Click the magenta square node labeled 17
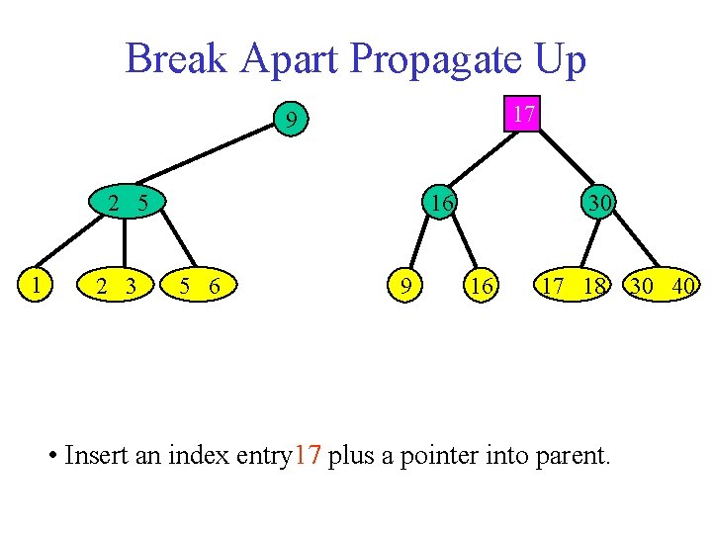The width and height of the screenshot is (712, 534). click(x=525, y=115)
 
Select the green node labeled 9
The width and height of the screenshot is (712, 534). click(x=290, y=123)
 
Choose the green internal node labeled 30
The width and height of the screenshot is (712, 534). click(x=596, y=204)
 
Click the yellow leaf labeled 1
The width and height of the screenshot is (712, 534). click(x=37, y=287)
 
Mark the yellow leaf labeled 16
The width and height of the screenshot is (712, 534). click(x=482, y=287)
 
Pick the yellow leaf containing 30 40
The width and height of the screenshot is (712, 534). click(x=662, y=287)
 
